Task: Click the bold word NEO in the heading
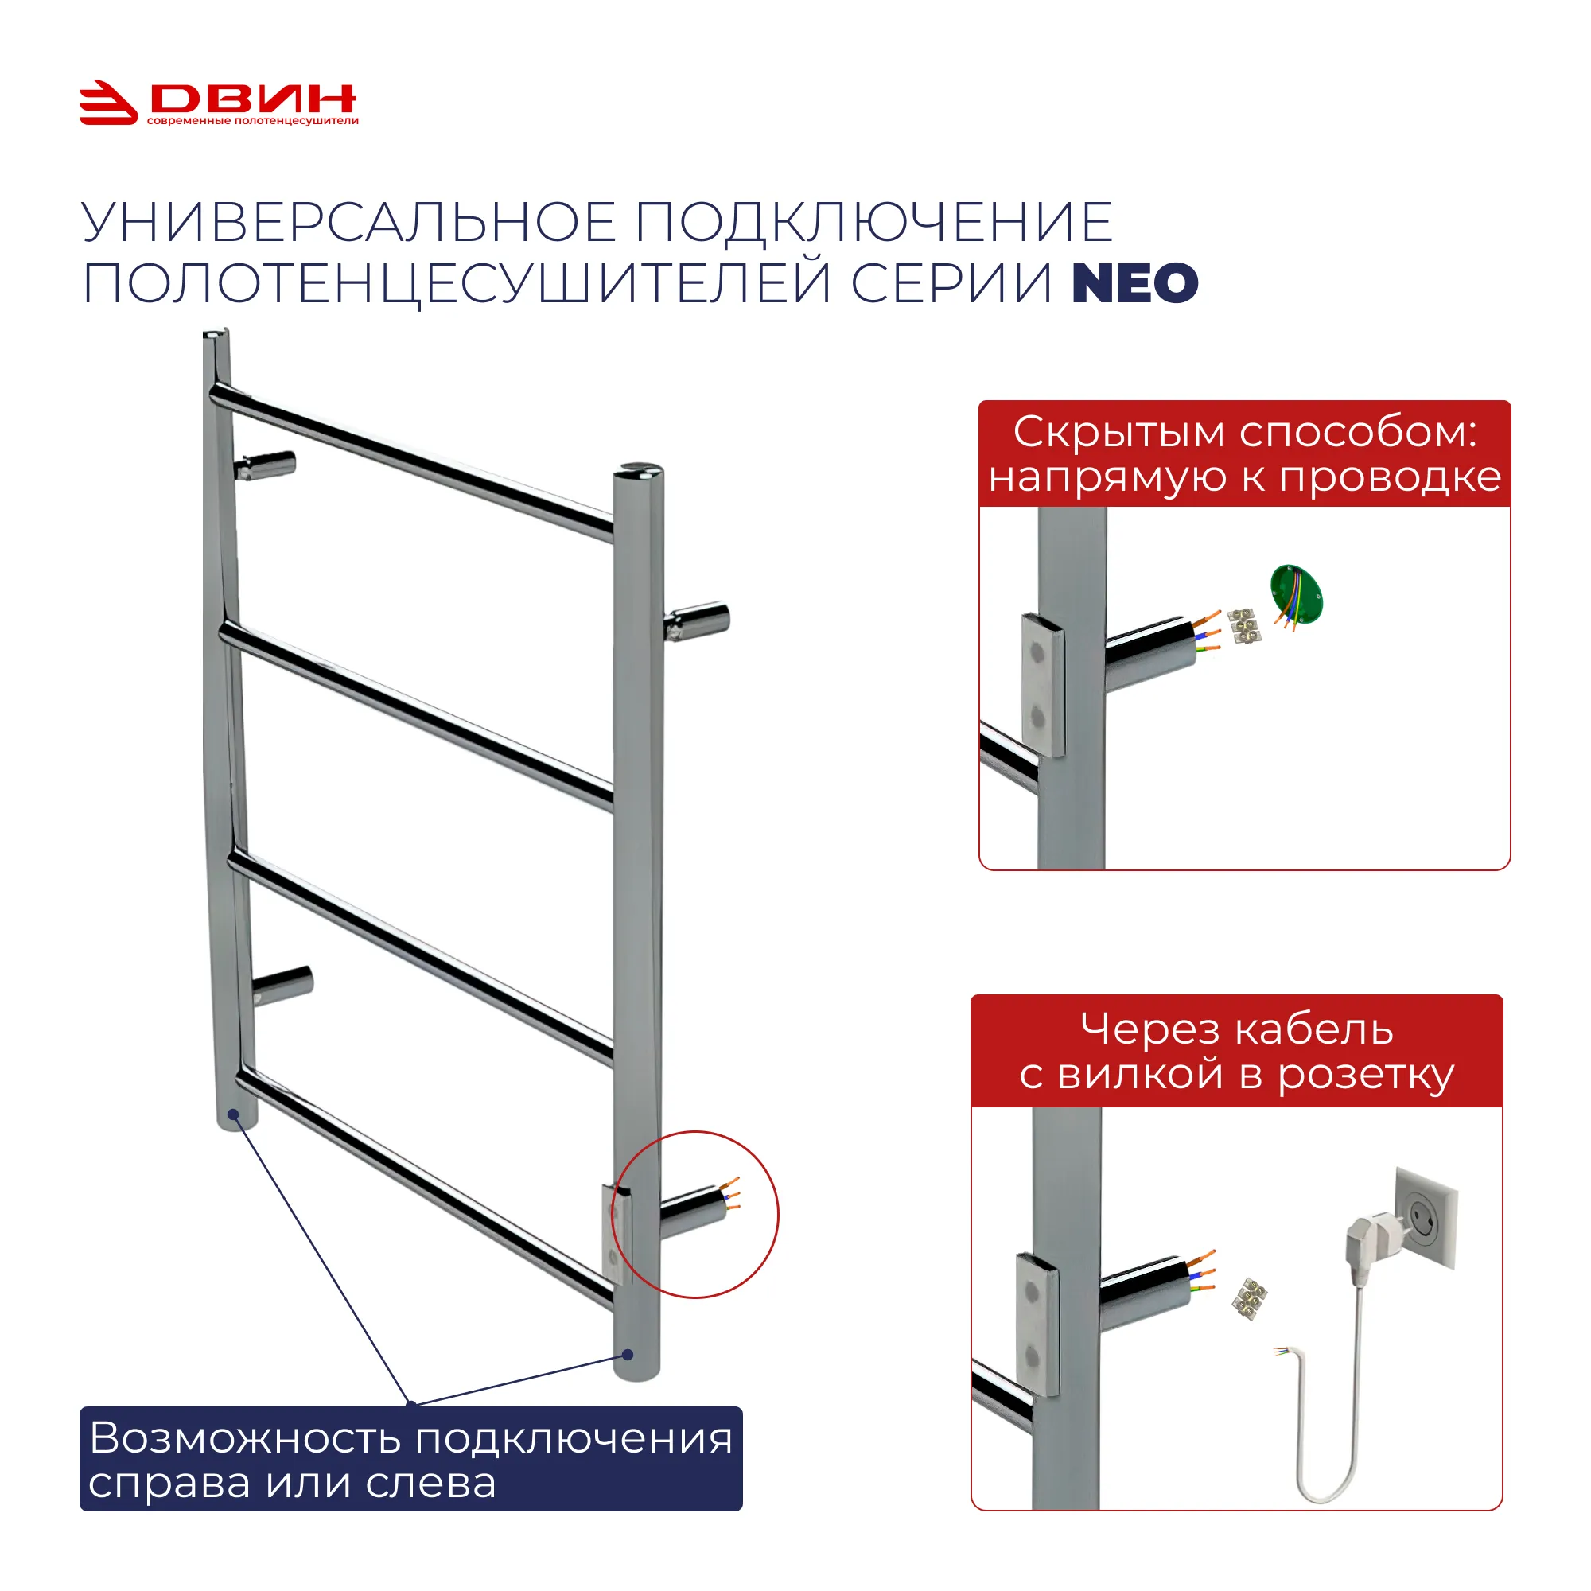pos(1135,282)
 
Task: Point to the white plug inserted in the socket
pos(1370,1245)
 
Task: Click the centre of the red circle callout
pos(695,1215)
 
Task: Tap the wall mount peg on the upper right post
pos(697,622)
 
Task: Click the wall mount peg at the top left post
pos(264,465)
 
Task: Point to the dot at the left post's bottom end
pos(233,1115)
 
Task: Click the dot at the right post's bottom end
pos(628,1355)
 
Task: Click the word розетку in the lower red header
pos(1366,1076)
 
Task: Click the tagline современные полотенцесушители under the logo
pos(253,121)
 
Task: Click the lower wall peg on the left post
pos(282,984)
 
